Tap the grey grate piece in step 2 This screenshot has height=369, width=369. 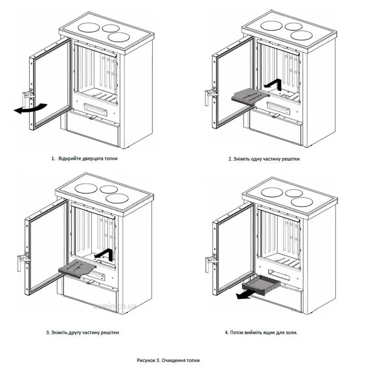click(250, 97)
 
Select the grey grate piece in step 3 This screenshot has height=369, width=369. click(77, 267)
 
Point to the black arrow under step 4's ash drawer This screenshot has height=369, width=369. click(246, 294)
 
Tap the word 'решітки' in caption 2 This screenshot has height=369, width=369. click(291, 159)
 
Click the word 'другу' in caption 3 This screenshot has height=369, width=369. click(75, 332)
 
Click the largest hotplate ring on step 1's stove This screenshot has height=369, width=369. click(89, 27)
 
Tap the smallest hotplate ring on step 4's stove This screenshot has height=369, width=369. click(294, 193)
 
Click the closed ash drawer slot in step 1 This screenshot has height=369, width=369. click(96, 109)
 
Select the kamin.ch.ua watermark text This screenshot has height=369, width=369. click(115, 306)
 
